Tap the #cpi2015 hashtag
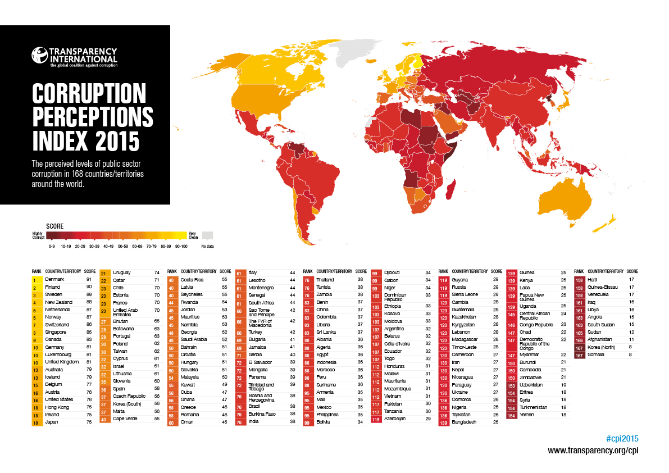coord(622,438)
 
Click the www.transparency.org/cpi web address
coord(593,451)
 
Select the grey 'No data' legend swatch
coord(208,235)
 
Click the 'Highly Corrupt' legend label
coord(37,236)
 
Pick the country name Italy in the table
coord(253,272)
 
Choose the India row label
coord(253,421)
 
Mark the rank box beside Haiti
coord(579,280)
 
